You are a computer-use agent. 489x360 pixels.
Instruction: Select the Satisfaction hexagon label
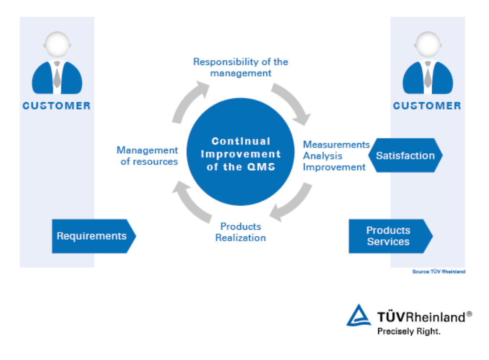click(x=405, y=156)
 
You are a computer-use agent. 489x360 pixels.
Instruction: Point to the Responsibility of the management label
click(x=241, y=67)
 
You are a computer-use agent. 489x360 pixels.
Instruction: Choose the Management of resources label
click(x=148, y=156)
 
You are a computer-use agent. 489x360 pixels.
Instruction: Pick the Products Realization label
click(x=241, y=232)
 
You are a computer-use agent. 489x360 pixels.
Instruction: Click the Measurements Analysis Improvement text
click(x=336, y=156)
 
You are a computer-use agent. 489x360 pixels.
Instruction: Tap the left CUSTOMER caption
click(x=57, y=106)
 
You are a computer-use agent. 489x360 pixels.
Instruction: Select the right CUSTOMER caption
click(x=427, y=106)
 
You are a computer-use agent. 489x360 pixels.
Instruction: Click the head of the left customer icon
click(x=57, y=44)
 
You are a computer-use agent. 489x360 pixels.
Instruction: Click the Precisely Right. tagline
click(x=409, y=331)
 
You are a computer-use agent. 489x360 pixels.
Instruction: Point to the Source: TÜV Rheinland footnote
click(x=439, y=272)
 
